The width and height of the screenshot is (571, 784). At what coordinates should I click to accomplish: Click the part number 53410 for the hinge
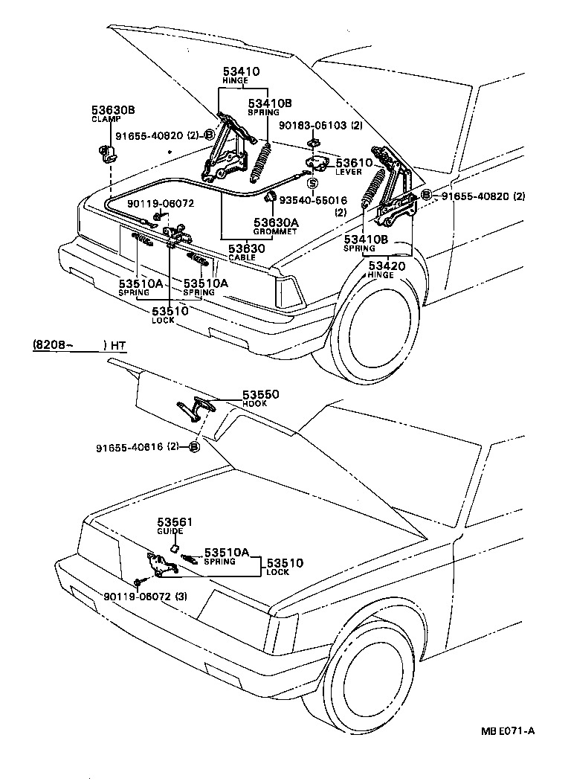click(x=242, y=72)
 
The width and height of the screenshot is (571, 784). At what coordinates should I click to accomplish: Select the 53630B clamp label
click(x=113, y=110)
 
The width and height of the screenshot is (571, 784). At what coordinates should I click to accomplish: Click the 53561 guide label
click(x=174, y=523)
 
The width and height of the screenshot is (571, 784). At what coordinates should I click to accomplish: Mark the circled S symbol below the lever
click(x=312, y=182)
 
